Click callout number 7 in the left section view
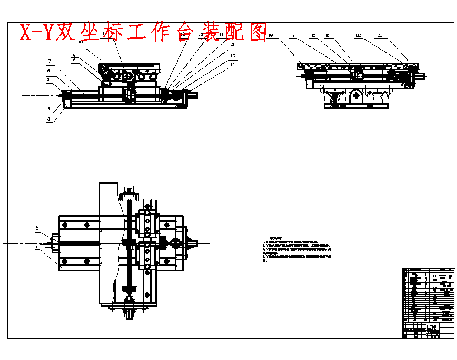(49, 61)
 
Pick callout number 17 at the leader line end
(233, 64)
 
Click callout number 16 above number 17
(233, 56)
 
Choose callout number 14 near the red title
(221, 35)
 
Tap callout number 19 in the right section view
(292, 36)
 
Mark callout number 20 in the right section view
(313, 36)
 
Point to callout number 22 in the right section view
(358, 36)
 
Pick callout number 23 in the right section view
(380, 36)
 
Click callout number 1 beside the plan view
(37, 247)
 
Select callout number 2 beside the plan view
(37, 228)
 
